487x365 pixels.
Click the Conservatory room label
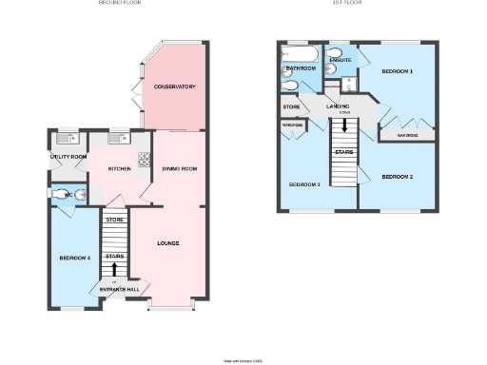click(175, 86)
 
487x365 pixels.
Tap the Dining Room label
click(179, 168)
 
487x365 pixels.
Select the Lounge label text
click(168, 243)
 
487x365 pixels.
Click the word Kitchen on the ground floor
click(119, 168)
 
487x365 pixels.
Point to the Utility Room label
click(68, 157)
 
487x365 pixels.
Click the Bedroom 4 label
click(74, 258)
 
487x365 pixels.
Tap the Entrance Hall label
click(120, 289)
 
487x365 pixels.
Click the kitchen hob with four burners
click(145, 160)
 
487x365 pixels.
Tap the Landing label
click(338, 106)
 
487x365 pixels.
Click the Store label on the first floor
click(290, 106)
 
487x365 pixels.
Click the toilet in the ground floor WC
click(82, 194)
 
